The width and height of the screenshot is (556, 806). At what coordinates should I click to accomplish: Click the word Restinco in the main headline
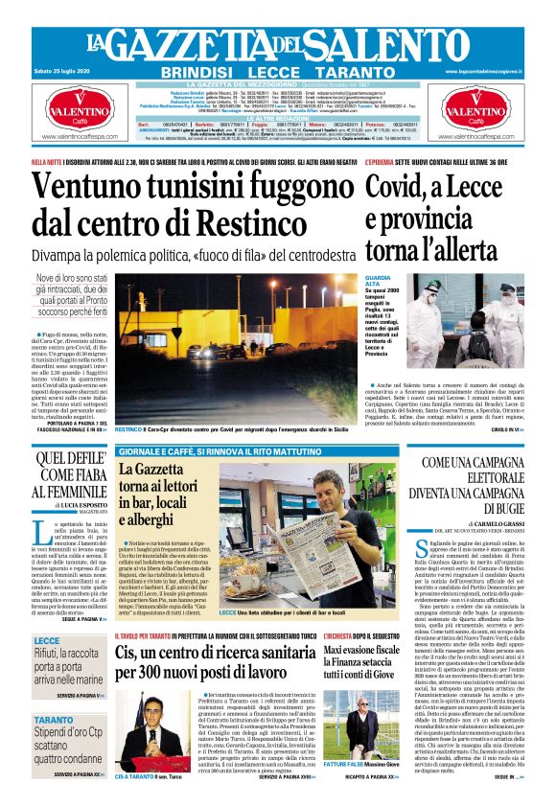click(273, 221)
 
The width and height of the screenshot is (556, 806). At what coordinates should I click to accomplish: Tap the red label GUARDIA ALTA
click(375, 283)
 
